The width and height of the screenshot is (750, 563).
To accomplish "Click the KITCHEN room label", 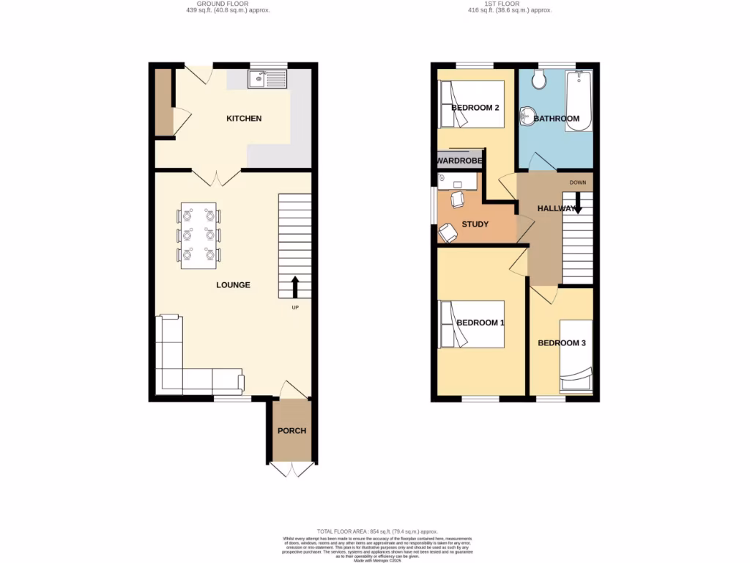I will point(244,119).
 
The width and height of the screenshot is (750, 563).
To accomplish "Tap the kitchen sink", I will point(267,78).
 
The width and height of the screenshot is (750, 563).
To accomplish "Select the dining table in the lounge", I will point(198,235).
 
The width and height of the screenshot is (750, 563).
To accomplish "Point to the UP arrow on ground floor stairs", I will point(295,285).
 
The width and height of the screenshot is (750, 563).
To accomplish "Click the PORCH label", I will point(292,430).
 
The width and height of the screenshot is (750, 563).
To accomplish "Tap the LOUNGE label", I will point(233,285).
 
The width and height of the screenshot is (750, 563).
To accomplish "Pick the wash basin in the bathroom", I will point(526,116).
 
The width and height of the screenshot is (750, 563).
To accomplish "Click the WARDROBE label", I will point(458,161).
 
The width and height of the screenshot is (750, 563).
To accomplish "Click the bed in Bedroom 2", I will point(472,104).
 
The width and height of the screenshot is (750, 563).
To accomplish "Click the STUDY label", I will point(475,224).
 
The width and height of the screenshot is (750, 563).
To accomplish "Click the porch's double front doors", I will point(292,469).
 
